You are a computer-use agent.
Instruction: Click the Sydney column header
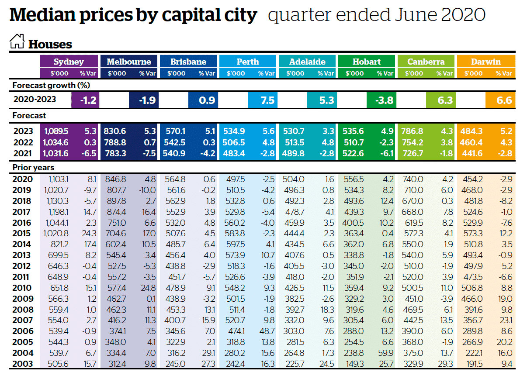point(69,62)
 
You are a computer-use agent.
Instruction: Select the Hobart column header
point(366,62)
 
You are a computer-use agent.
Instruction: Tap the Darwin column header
point(485,62)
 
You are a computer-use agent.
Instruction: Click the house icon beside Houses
point(17,42)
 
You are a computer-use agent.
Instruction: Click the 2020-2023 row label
point(35,99)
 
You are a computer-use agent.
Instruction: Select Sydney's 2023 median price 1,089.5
point(57,131)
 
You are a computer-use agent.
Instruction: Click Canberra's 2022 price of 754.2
point(412,142)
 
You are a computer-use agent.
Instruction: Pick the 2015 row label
point(22,234)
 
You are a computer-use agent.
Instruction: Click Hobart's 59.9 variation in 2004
point(385,353)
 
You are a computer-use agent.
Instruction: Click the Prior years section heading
point(33,167)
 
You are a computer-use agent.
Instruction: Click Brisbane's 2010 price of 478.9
point(177,288)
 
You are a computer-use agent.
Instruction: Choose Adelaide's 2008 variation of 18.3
point(326,310)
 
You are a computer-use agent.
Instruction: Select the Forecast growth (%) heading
point(51,85)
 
